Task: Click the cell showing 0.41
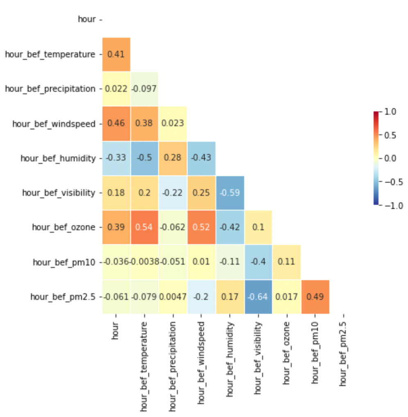pos(116,54)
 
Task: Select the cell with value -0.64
pos(258,297)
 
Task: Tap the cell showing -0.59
pos(230,193)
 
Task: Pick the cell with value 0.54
pos(144,227)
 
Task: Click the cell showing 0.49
pos(315,297)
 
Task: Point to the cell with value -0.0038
pos(144,262)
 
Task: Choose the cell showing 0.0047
pos(172,297)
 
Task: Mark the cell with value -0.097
pos(144,89)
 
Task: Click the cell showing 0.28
pos(172,158)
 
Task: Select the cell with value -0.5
pos(144,158)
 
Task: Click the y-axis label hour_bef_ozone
pos(63,227)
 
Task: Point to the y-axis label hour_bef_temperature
pos(50,54)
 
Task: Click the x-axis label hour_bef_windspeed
pos(201,358)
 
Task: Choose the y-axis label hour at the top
pos(87,19)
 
